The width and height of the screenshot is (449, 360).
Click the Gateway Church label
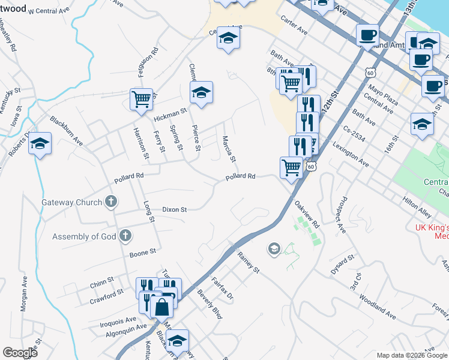pos(71,202)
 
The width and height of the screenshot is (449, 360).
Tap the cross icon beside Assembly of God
pos(125,236)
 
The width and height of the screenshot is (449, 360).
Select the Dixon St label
pos(175,209)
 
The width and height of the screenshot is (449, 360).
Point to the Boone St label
pos(143,253)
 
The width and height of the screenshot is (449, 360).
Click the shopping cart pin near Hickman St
pos(142,100)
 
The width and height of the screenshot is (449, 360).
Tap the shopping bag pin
pos(162,307)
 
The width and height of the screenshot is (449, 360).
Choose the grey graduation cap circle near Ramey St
pos(274,249)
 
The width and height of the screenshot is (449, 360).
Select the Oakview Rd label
pos(307,214)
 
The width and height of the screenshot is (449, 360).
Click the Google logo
pos(20,352)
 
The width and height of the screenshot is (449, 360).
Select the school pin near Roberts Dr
pos(40,144)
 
